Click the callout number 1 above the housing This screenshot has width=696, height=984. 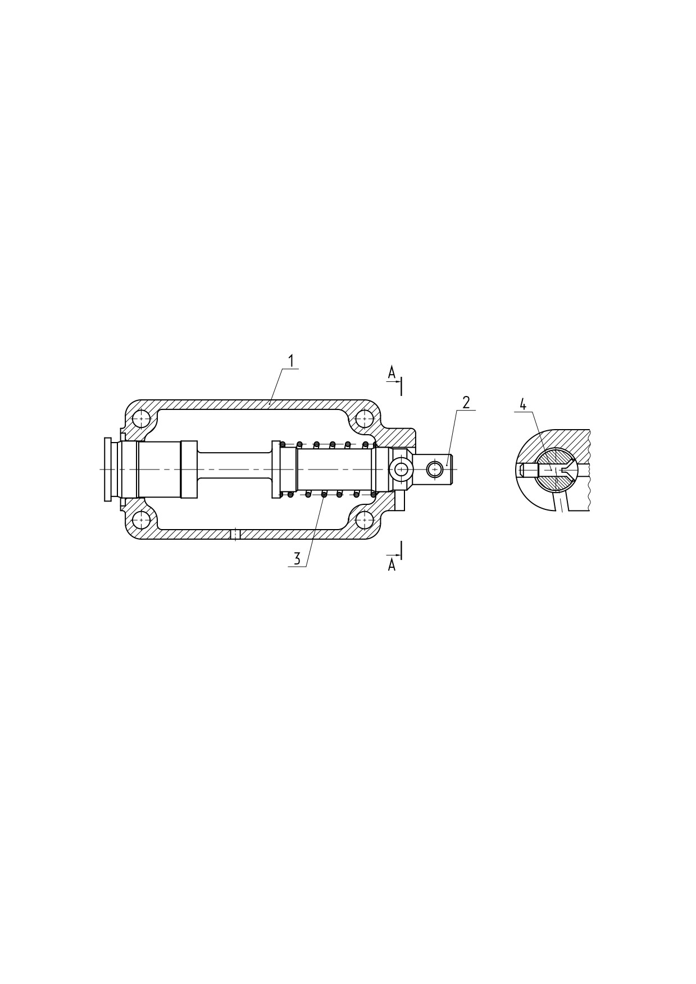292,361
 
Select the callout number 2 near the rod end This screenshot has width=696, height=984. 466,403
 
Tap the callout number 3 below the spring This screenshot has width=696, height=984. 297,559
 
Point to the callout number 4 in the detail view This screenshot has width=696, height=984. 523,404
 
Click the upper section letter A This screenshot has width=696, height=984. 392,372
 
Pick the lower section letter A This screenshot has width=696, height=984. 392,566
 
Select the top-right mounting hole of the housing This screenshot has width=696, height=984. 365,419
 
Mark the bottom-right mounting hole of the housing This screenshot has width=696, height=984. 365,520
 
